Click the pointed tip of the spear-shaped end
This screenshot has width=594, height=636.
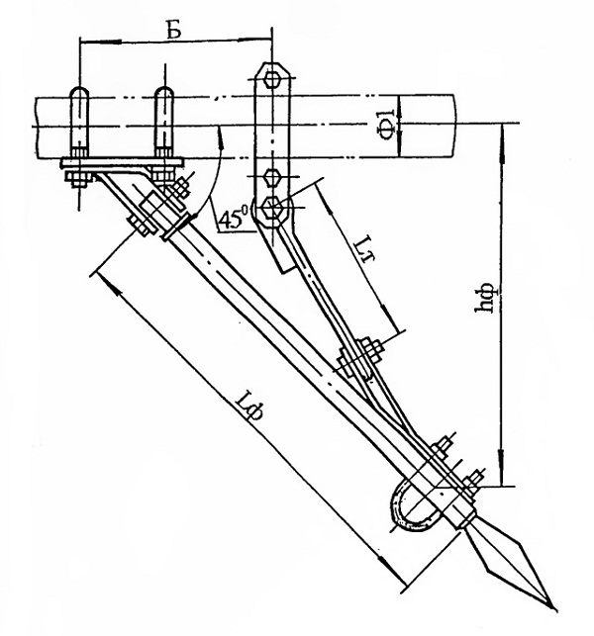click(x=553, y=607)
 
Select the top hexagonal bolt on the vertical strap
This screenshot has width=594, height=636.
click(x=271, y=79)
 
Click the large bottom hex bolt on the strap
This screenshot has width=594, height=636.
click(x=271, y=208)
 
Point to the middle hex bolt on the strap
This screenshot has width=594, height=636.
click(x=270, y=177)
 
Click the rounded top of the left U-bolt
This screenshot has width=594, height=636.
click(x=79, y=91)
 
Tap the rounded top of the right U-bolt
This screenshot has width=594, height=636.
click(x=164, y=91)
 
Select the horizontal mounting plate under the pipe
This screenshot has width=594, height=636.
click(x=122, y=163)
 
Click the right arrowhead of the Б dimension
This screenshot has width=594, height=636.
click(x=256, y=39)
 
